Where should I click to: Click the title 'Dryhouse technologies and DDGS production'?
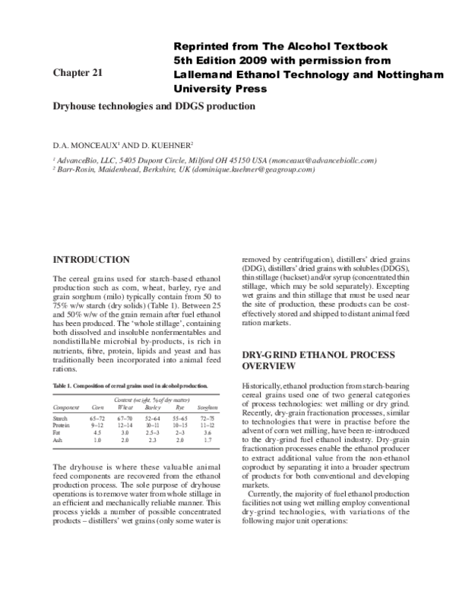point(153,106)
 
